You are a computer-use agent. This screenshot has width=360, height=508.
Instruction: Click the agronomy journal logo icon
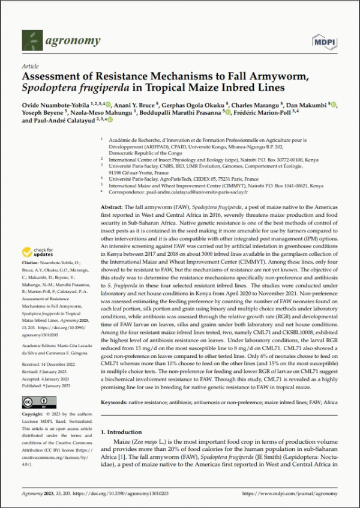[x=32, y=41]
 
